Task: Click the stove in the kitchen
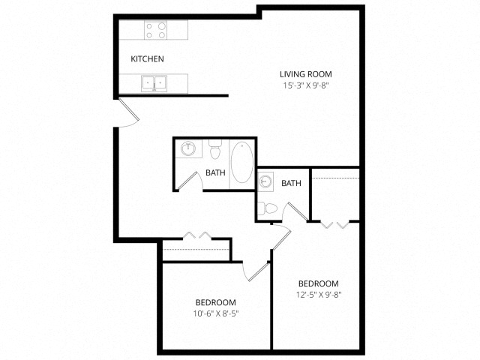click(x=155, y=31)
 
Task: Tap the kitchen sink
click(x=155, y=82)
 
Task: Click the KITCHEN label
click(x=148, y=59)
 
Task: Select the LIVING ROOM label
click(x=305, y=74)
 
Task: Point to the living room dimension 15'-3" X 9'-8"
click(x=305, y=85)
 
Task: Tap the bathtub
click(x=241, y=164)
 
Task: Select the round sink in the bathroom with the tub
click(x=187, y=148)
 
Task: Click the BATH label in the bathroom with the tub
click(x=216, y=173)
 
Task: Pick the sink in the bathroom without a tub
click(x=265, y=181)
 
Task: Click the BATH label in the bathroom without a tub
click(x=292, y=183)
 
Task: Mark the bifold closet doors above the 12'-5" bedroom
click(x=335, y=223)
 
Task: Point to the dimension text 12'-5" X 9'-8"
click(x=319, y=295)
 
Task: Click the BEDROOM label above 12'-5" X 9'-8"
click(x=319, y=283)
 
